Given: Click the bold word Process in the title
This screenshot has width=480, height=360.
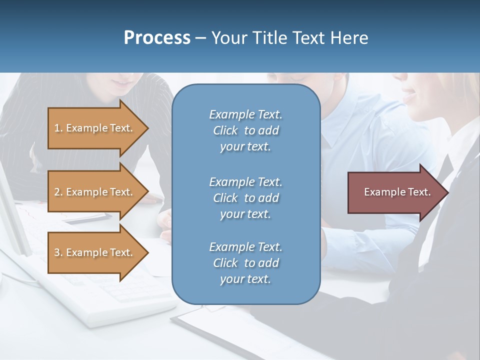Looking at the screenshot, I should pos(157,37).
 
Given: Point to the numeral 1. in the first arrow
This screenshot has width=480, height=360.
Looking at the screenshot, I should pos(58,128).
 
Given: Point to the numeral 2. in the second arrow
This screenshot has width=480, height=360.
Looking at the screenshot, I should pos(58,192).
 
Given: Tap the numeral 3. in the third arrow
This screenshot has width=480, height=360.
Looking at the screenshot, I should pos(58,252).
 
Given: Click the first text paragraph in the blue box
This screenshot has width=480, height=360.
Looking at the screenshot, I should pos(245,130).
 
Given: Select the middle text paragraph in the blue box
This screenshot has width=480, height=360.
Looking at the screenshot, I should pos(245,198).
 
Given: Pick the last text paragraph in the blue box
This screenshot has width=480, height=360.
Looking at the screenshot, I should pos(245,263).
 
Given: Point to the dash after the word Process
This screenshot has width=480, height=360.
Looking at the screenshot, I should pos(200,38).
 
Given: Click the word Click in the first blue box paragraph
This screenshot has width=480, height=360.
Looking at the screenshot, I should pos(225,130).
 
